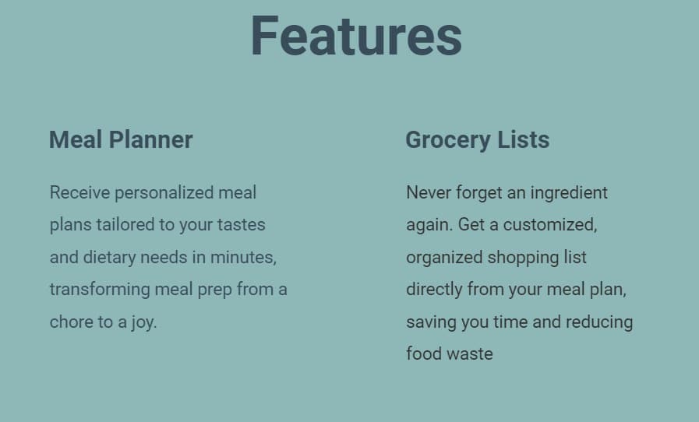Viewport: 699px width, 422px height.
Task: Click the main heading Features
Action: click(x=356, y=36)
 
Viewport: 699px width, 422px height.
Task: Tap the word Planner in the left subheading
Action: click(x=150, y=139)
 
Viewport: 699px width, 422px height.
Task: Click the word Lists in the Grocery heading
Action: click(x=523, y=139)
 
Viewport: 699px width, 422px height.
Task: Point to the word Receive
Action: click(x=79, y=192)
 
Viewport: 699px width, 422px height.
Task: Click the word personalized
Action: click(x=164, y=193)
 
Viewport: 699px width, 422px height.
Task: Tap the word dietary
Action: click(x=109, y=258)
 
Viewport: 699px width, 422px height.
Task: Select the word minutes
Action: click(x=243, y=258)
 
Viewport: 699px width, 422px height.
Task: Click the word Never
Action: click(x=429, y=192)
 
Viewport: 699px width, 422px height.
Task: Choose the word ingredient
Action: click(x=569, y=193)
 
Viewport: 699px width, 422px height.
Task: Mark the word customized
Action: click(x=550, y=225)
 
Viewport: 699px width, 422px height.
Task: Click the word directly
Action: click(x=434, y=290)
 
